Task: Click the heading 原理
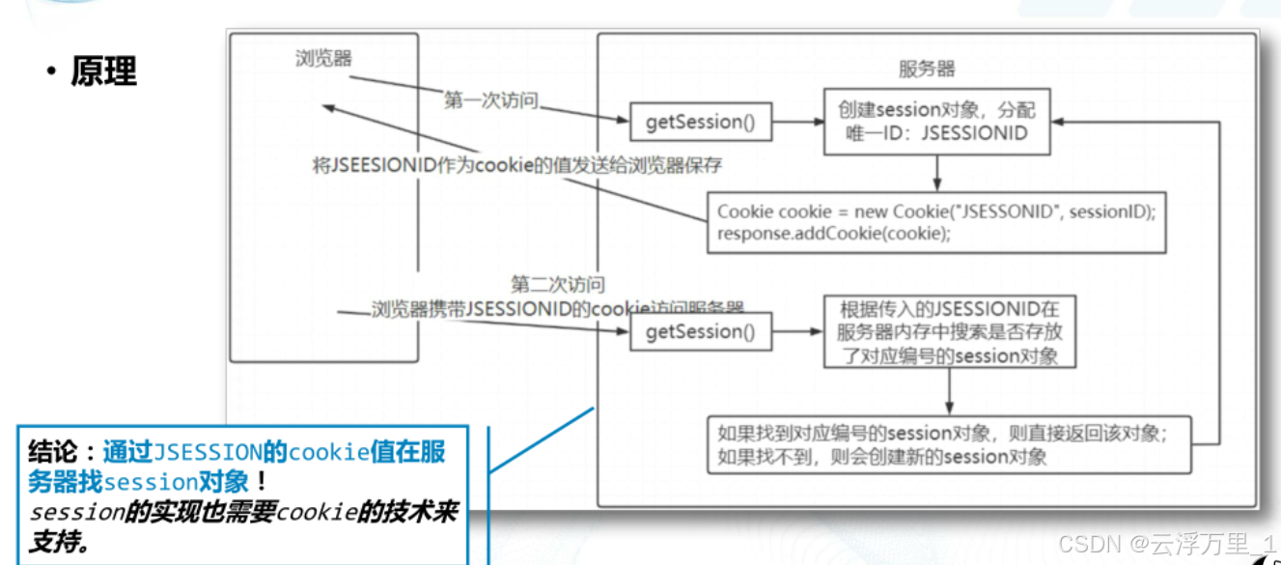[103, 71]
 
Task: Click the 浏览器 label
[323, 59]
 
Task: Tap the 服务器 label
[927, 69]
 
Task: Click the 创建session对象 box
[936, 123]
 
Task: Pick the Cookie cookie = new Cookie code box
[935, 222]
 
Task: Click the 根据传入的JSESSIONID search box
[950, 332]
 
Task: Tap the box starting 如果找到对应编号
[949, 445]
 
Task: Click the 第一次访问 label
[490, 100]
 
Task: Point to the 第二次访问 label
[558, 285]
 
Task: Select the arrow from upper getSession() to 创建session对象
[797, 123]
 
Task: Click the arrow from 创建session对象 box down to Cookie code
[936, 174]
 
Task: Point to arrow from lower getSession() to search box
[797, 333]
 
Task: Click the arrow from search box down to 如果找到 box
[950, 392]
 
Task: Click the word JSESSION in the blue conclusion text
[208, 452]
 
